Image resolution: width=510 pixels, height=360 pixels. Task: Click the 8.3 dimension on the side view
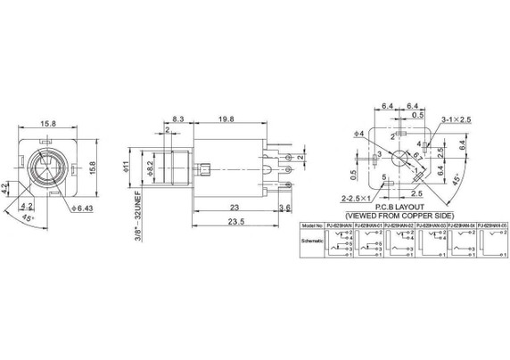[178, 118]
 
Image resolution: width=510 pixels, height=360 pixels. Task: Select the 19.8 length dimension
[225, 118]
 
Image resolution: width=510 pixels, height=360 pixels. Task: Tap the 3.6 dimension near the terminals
[284, 208]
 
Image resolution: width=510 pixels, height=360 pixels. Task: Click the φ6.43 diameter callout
[80, 209]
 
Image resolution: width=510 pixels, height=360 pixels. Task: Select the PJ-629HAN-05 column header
[492, 225]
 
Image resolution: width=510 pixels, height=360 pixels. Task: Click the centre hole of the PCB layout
[399, 157]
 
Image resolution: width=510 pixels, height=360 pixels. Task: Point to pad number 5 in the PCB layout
[384, 176]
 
